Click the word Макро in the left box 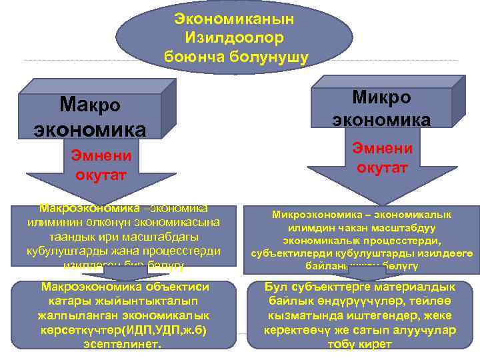click(90, 105)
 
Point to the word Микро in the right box click(381, 97)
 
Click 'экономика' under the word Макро click(90, 128)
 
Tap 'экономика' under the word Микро click(381, 119)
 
